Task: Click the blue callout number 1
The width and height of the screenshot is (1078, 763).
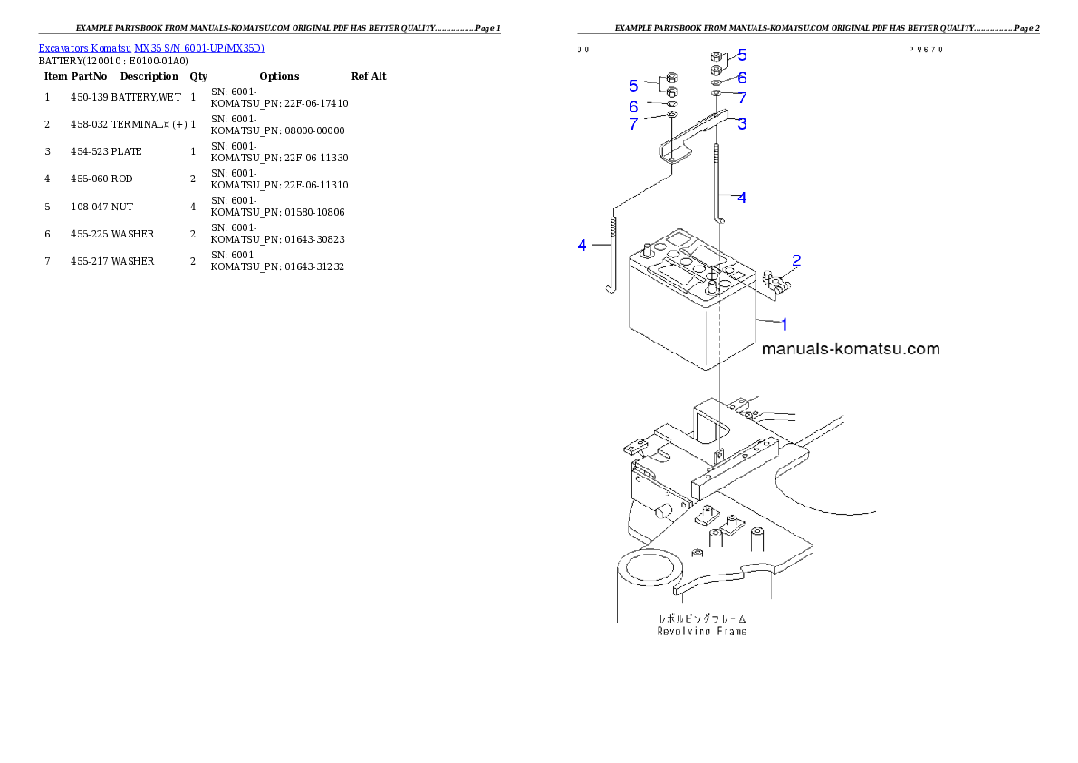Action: [x=784, y=324]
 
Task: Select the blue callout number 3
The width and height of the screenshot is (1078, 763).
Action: [x=742, y=124]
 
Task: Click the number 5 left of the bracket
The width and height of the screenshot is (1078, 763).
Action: [x=634, y=85]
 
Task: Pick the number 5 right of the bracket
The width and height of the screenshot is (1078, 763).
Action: [x=742, y=55]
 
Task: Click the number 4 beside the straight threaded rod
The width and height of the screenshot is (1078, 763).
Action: [x=742, y=197]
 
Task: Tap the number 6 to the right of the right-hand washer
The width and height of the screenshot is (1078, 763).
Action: [x=742, y=79]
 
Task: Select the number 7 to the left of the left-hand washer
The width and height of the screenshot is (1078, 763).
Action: [x=634, y=124]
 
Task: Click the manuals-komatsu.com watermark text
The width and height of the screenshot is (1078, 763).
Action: [x=851, y=349]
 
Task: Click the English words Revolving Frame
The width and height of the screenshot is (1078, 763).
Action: [x=702, y=631]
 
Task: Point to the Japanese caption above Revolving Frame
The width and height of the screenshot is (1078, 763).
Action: [x=702, y=618]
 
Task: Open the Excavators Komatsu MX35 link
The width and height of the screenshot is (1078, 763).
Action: [x=151, y=48]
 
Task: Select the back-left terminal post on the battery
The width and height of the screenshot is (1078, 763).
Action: [x=648, y=248]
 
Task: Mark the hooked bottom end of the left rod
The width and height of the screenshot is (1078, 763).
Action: [x=611, y=288]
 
